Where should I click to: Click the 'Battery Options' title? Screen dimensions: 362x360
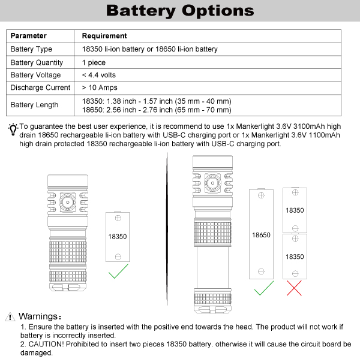tap(179, 10)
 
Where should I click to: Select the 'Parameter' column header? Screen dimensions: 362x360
tap(29, 36)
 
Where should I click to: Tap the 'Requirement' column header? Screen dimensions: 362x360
tap(104, 36)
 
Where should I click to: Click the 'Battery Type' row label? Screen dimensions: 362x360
tap(31, 49)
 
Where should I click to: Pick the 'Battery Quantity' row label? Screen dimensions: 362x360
tap(37, 62)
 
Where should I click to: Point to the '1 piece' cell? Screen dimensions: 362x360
tap(94, 62)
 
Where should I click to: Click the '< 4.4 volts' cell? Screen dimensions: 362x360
tap(99, 75)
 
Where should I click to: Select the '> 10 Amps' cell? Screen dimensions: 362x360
tap(98, 88)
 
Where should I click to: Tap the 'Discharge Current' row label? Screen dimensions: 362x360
tap(40, 88)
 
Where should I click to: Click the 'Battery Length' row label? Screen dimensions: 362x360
tap(34, 105)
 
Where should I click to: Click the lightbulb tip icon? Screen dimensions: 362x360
tap(13, 129)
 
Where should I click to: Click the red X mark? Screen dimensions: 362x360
tap(295, 288)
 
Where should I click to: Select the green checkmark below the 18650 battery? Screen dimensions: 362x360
tap(262, 289)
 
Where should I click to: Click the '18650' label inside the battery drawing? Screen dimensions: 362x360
tap(262, 235)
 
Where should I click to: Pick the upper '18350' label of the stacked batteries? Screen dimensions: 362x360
tap(295, 210)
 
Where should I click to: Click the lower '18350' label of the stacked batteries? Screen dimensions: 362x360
tap(295, 257)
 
